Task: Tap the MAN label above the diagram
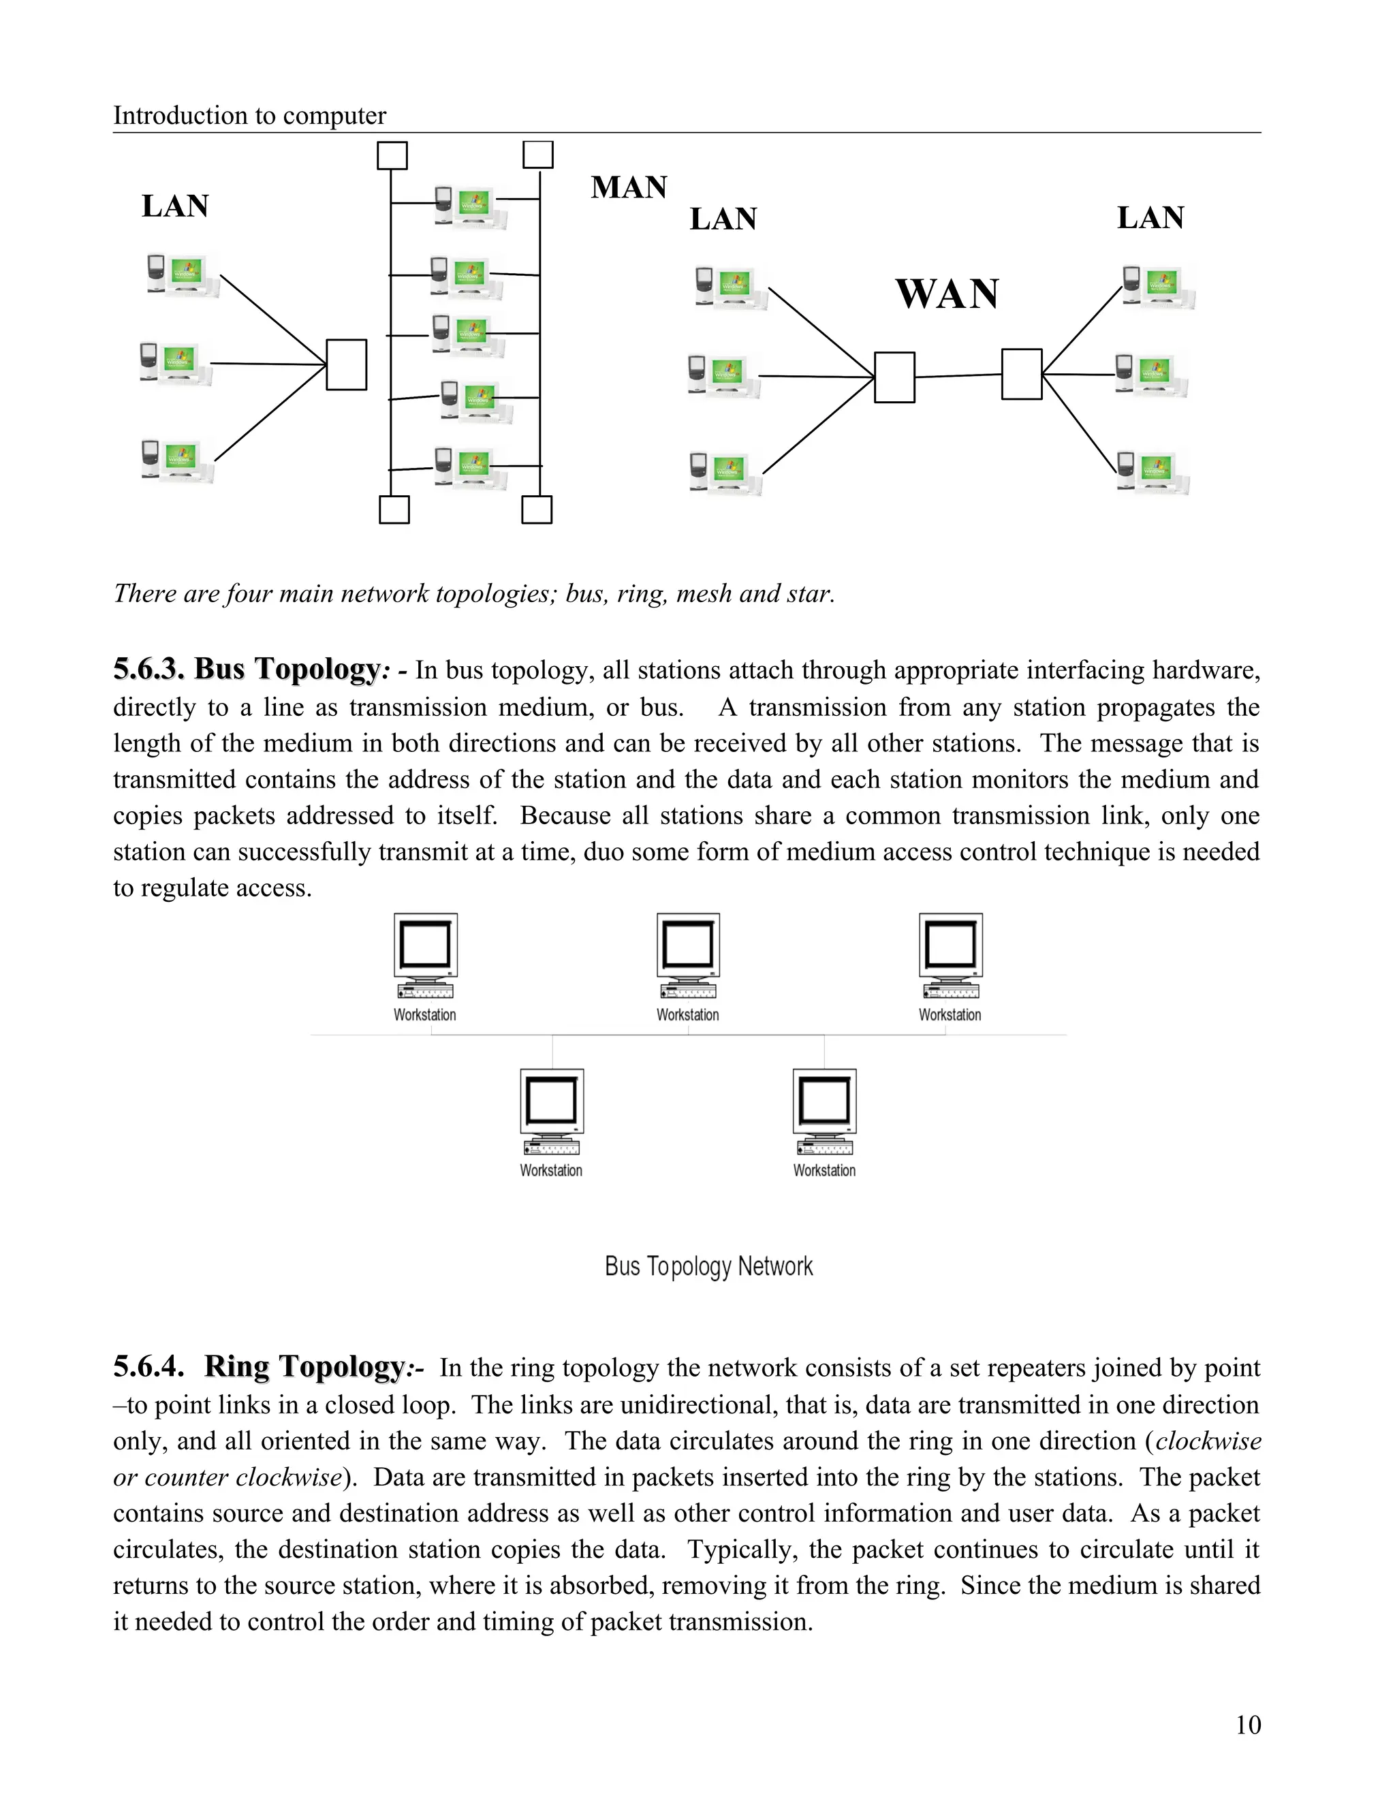click(x=628, y=187)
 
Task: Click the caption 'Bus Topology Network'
click(x=708, y=1266)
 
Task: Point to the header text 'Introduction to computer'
click(x=249, y=115)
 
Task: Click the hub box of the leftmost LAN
click(x=346, y=364)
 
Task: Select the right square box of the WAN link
click(x=1022, y=375)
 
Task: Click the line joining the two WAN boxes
click(x=958, y=376)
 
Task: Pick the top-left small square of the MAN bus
click(x=392, y=155)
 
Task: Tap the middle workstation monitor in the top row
click(x=687, y=945)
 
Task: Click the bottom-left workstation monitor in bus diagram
click(x=551, y=1101)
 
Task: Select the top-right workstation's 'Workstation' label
click(x=950, y=1015)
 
